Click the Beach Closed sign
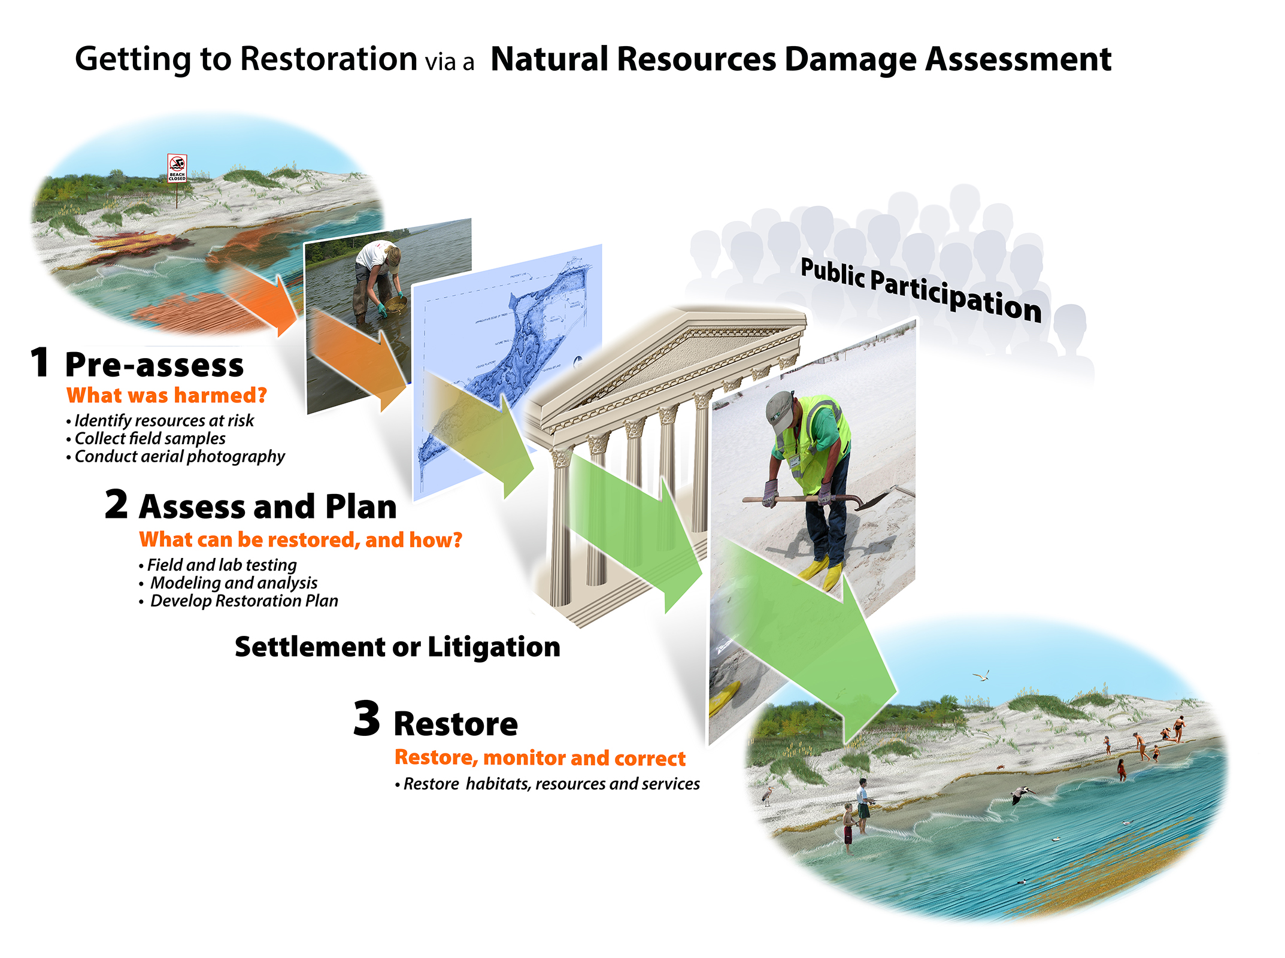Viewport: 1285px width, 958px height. [x=177, y=168]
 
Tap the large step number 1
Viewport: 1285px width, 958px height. [x=40, y=363]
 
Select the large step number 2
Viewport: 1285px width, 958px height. [x=116, y=504]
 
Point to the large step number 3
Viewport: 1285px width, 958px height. [x=366, y=719]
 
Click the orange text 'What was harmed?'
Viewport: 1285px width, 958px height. [x=166, y=396]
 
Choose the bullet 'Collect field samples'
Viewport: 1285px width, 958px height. [x=150, y=439]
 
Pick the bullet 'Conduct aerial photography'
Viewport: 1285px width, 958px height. [x=179, y=457]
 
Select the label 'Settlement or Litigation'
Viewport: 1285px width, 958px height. [x=397, y=647]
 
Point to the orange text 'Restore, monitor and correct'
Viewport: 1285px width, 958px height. [x=540, y=758]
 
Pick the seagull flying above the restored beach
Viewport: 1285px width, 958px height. [x=981, y=676]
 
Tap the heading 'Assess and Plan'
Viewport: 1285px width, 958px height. [x=268, y=507]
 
